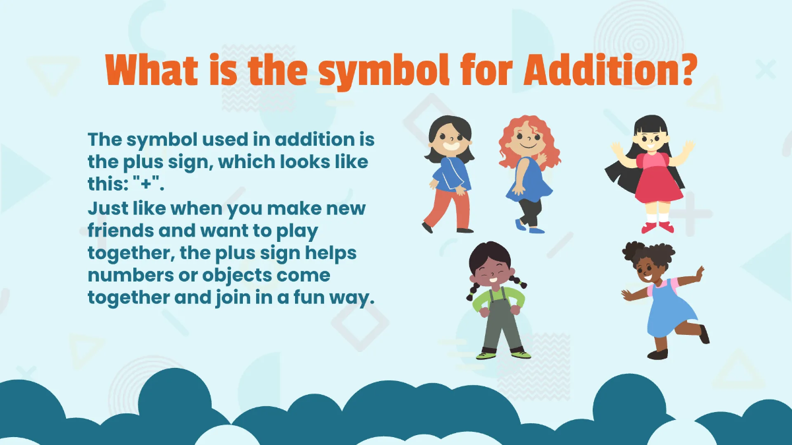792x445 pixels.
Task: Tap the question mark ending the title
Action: point(684,69)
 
